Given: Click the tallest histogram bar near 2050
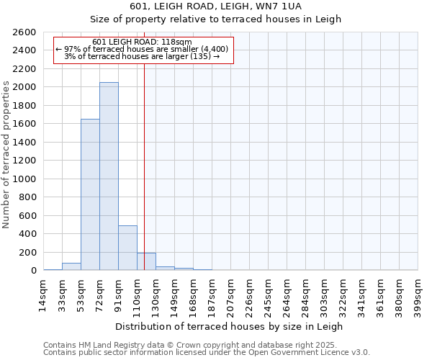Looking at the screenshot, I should [x=109, y=176].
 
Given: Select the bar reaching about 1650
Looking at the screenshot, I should [x=90, y=194].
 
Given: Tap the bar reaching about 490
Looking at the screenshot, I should [x=127, y=248].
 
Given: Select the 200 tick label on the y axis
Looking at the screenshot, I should [x=29, y=252].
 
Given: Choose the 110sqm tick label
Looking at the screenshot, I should [x=137, y=294].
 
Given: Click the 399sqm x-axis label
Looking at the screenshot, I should [x=418, y=294].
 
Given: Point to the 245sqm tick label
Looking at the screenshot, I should [x=268, y=294].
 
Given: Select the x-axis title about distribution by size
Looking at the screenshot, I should [x=229, y=326].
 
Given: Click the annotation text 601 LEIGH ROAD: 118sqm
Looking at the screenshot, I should [x=142, y=42].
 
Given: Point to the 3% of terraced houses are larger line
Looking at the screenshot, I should [x=142, y=56].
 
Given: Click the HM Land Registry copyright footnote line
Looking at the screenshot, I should [x=185, y=345].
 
